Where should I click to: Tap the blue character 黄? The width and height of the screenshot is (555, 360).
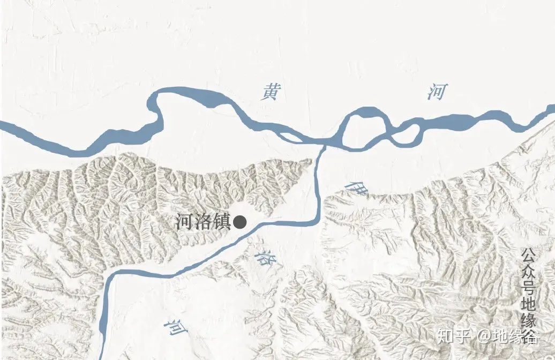coord(269,93)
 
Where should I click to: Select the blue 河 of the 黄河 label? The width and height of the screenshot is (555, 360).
coord(437,92)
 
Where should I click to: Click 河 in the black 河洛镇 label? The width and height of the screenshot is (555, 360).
coord(185,222)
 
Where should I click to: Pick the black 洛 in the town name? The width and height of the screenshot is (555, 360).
coord(203,222)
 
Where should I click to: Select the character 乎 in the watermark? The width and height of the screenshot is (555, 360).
coord(463,336)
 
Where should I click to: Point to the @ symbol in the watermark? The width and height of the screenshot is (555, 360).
coord(484,337)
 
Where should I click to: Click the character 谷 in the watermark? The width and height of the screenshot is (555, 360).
coord(530,336)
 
